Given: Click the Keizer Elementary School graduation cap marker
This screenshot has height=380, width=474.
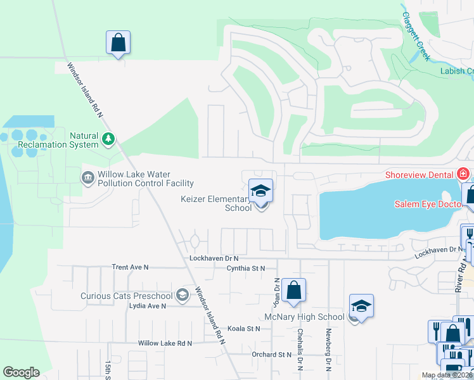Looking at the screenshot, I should click(x=260, y=191).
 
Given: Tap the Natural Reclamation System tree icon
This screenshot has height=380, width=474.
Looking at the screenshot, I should click(x=108, y=139).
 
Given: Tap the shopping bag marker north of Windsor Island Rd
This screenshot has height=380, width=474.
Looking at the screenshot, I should click(x=118, y=43).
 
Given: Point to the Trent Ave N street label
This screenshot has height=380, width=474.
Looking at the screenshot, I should click(x=130, y=267).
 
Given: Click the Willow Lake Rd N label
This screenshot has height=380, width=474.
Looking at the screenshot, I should click(x=165, y=343).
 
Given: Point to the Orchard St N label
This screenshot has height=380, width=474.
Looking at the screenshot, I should click(x=271, y=355).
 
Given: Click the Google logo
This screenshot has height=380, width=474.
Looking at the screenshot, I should click(x=21, y=372).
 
